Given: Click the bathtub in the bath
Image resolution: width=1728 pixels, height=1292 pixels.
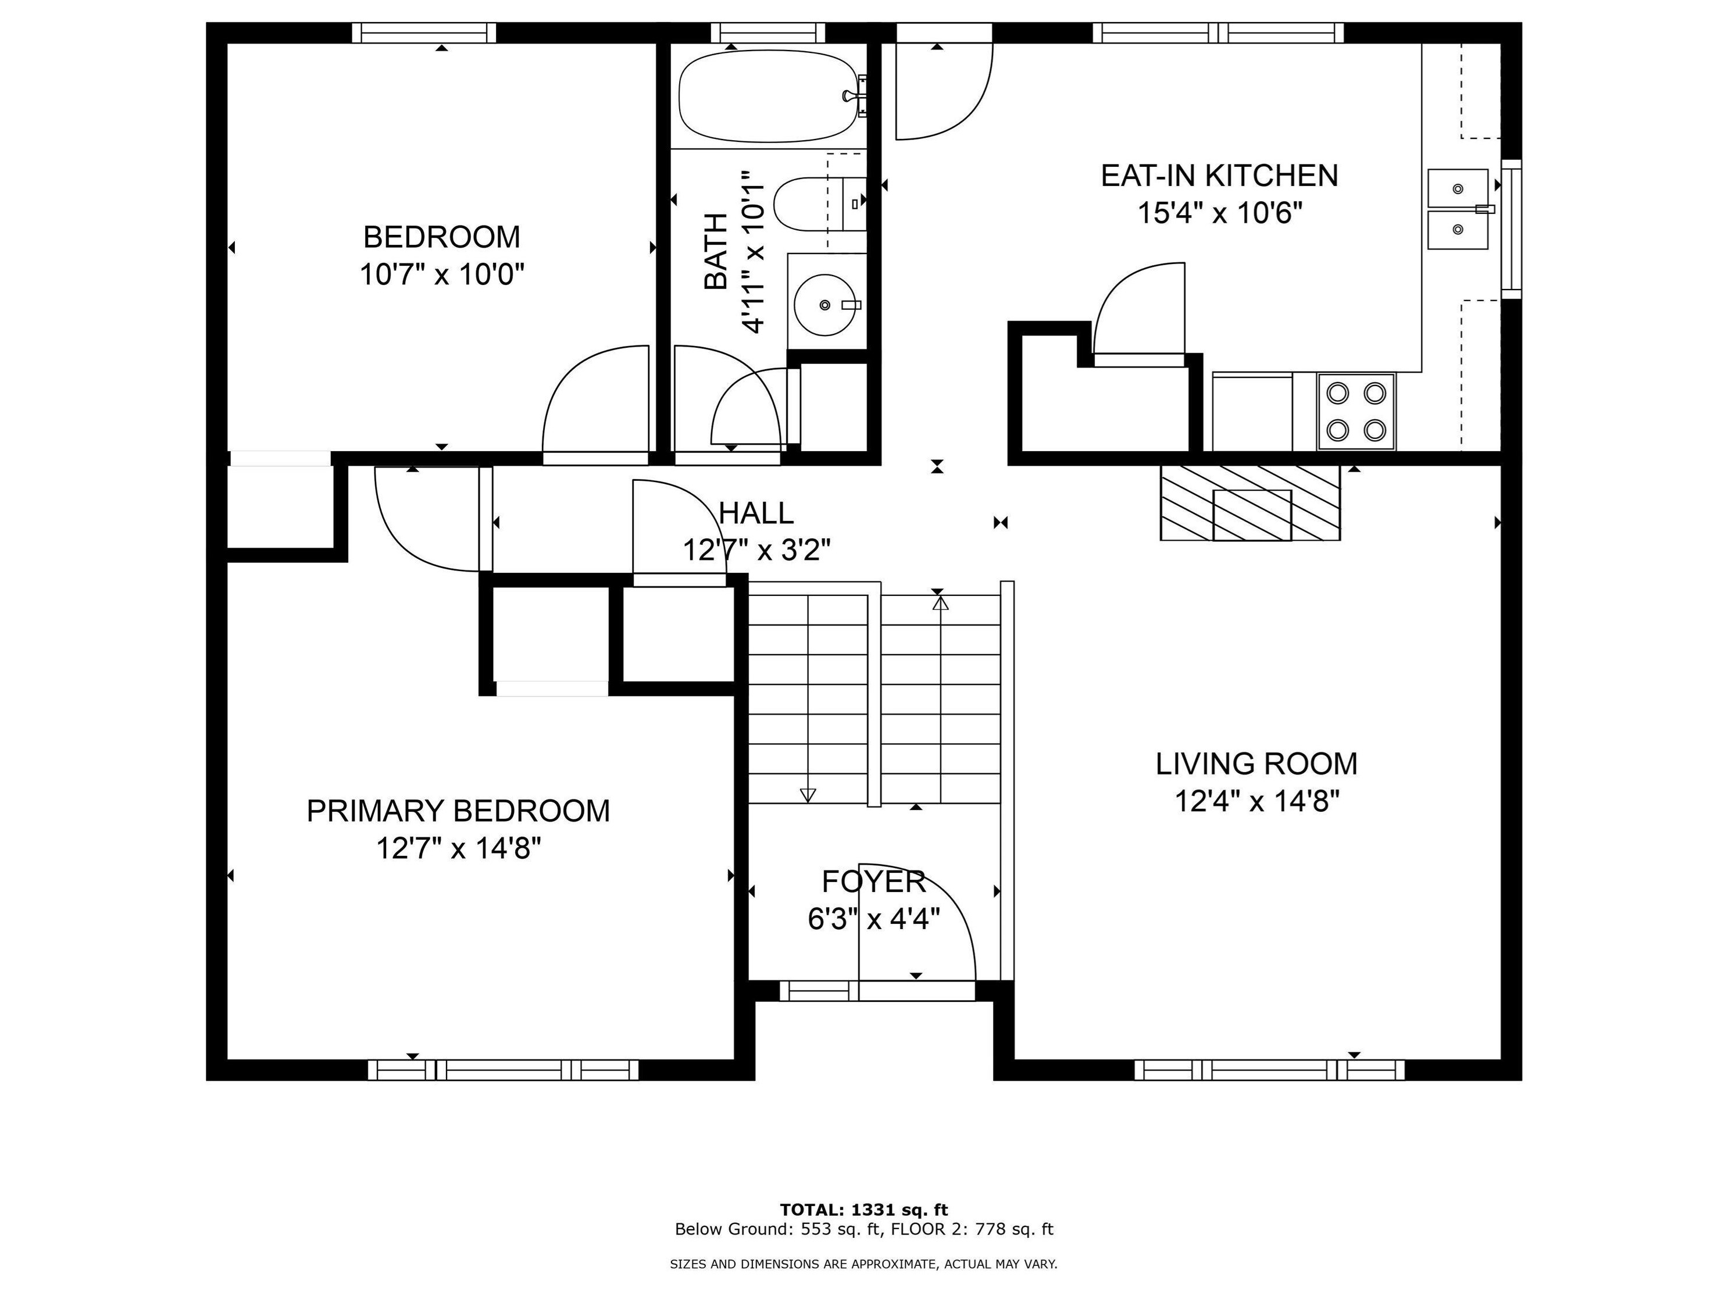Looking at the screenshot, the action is (x=769, y=96).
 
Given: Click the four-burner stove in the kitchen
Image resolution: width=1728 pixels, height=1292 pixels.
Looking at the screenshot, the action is (x=1356, y=412).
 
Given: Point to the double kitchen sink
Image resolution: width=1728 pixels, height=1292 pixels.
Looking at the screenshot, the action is (x=1458, y=209).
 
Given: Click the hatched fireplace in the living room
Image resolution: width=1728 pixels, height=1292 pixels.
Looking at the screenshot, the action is (x=1250, y=502).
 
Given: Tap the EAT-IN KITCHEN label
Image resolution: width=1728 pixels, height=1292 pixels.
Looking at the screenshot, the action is (x=1219, y=176).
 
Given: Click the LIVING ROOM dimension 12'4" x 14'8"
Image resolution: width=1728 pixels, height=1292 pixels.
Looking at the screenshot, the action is (x=1257, y=801).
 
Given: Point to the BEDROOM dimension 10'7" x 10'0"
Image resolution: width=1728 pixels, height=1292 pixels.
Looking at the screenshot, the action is (x=441, y=275).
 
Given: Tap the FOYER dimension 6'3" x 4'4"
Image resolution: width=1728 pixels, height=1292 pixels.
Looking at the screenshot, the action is (x=873, y=919).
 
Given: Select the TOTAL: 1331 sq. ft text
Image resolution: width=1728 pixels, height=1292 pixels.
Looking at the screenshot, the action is (x=863, y=1211).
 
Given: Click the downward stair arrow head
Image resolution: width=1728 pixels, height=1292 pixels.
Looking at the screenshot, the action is (x=808, y=795).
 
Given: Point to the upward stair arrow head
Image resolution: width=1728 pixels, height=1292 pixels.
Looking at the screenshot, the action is (x=941, y=603).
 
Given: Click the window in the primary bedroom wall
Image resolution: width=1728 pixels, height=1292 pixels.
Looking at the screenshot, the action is (x=503, y=1069).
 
